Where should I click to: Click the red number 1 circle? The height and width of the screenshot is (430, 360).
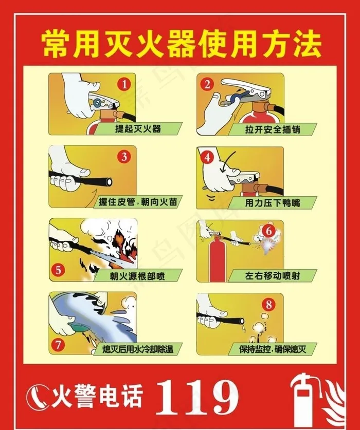pyautogui.click(x=124, y=84)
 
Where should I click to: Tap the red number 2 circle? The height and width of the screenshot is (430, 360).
pyautogui.click(x=207, y=84)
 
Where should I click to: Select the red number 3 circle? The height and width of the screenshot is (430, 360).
pyautogui.click(x=124, y=157)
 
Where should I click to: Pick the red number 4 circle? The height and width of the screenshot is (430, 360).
pyautogui.click(x=207, y=157)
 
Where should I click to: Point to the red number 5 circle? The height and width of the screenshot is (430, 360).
pyautogui.click(x=58, y=270)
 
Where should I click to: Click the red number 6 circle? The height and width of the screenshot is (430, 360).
pyautogui.click(x=268, y=231)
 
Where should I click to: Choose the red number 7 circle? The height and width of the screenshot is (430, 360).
pyautogui.click(x=58, y=344)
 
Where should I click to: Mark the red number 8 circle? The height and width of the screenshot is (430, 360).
pyautogui.click(x=268, y=304)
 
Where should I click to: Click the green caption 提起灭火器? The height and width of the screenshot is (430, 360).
pyautogui.click(x=138, y=128)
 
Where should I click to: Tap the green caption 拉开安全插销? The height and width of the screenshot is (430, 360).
pyautogui.click(x=273, y=129)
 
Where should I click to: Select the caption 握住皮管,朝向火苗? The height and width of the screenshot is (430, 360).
pyautogui.click(x=138, y=202)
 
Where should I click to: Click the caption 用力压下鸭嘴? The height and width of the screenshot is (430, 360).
pyautogui.click(x=273, y=202)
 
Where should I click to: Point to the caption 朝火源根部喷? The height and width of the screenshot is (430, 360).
pyautogui.click(x=138, y=275)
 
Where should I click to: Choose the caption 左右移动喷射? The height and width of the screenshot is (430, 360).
pyautogui.click(x=273, y=275)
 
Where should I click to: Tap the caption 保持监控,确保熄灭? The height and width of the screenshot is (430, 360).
pyautogui.click(x=273, y=349)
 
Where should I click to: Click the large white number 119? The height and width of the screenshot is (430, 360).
pyautogui.click(x=197, y=397)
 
